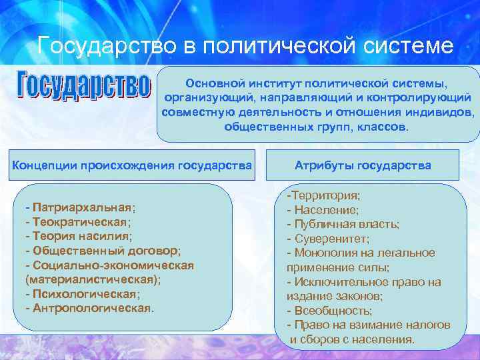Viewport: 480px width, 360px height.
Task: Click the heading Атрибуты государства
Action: pyautogui.click(x=363, y=165)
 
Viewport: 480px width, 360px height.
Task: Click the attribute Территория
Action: pyautogui.click(x=326, y=195)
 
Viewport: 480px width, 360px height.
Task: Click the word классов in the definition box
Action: pyautogui.click(x=383, y=127)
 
